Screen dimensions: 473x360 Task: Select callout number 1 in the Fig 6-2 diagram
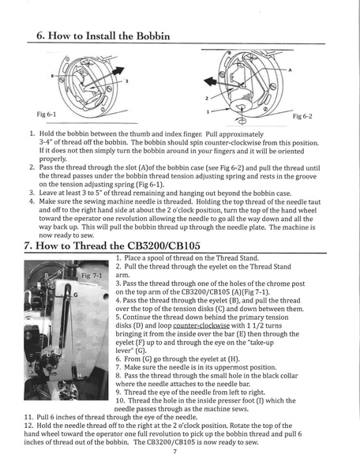pyautogui.click(x=207, y=111)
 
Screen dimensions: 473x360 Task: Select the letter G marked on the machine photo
pyautogui.click(x=75, y=295)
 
